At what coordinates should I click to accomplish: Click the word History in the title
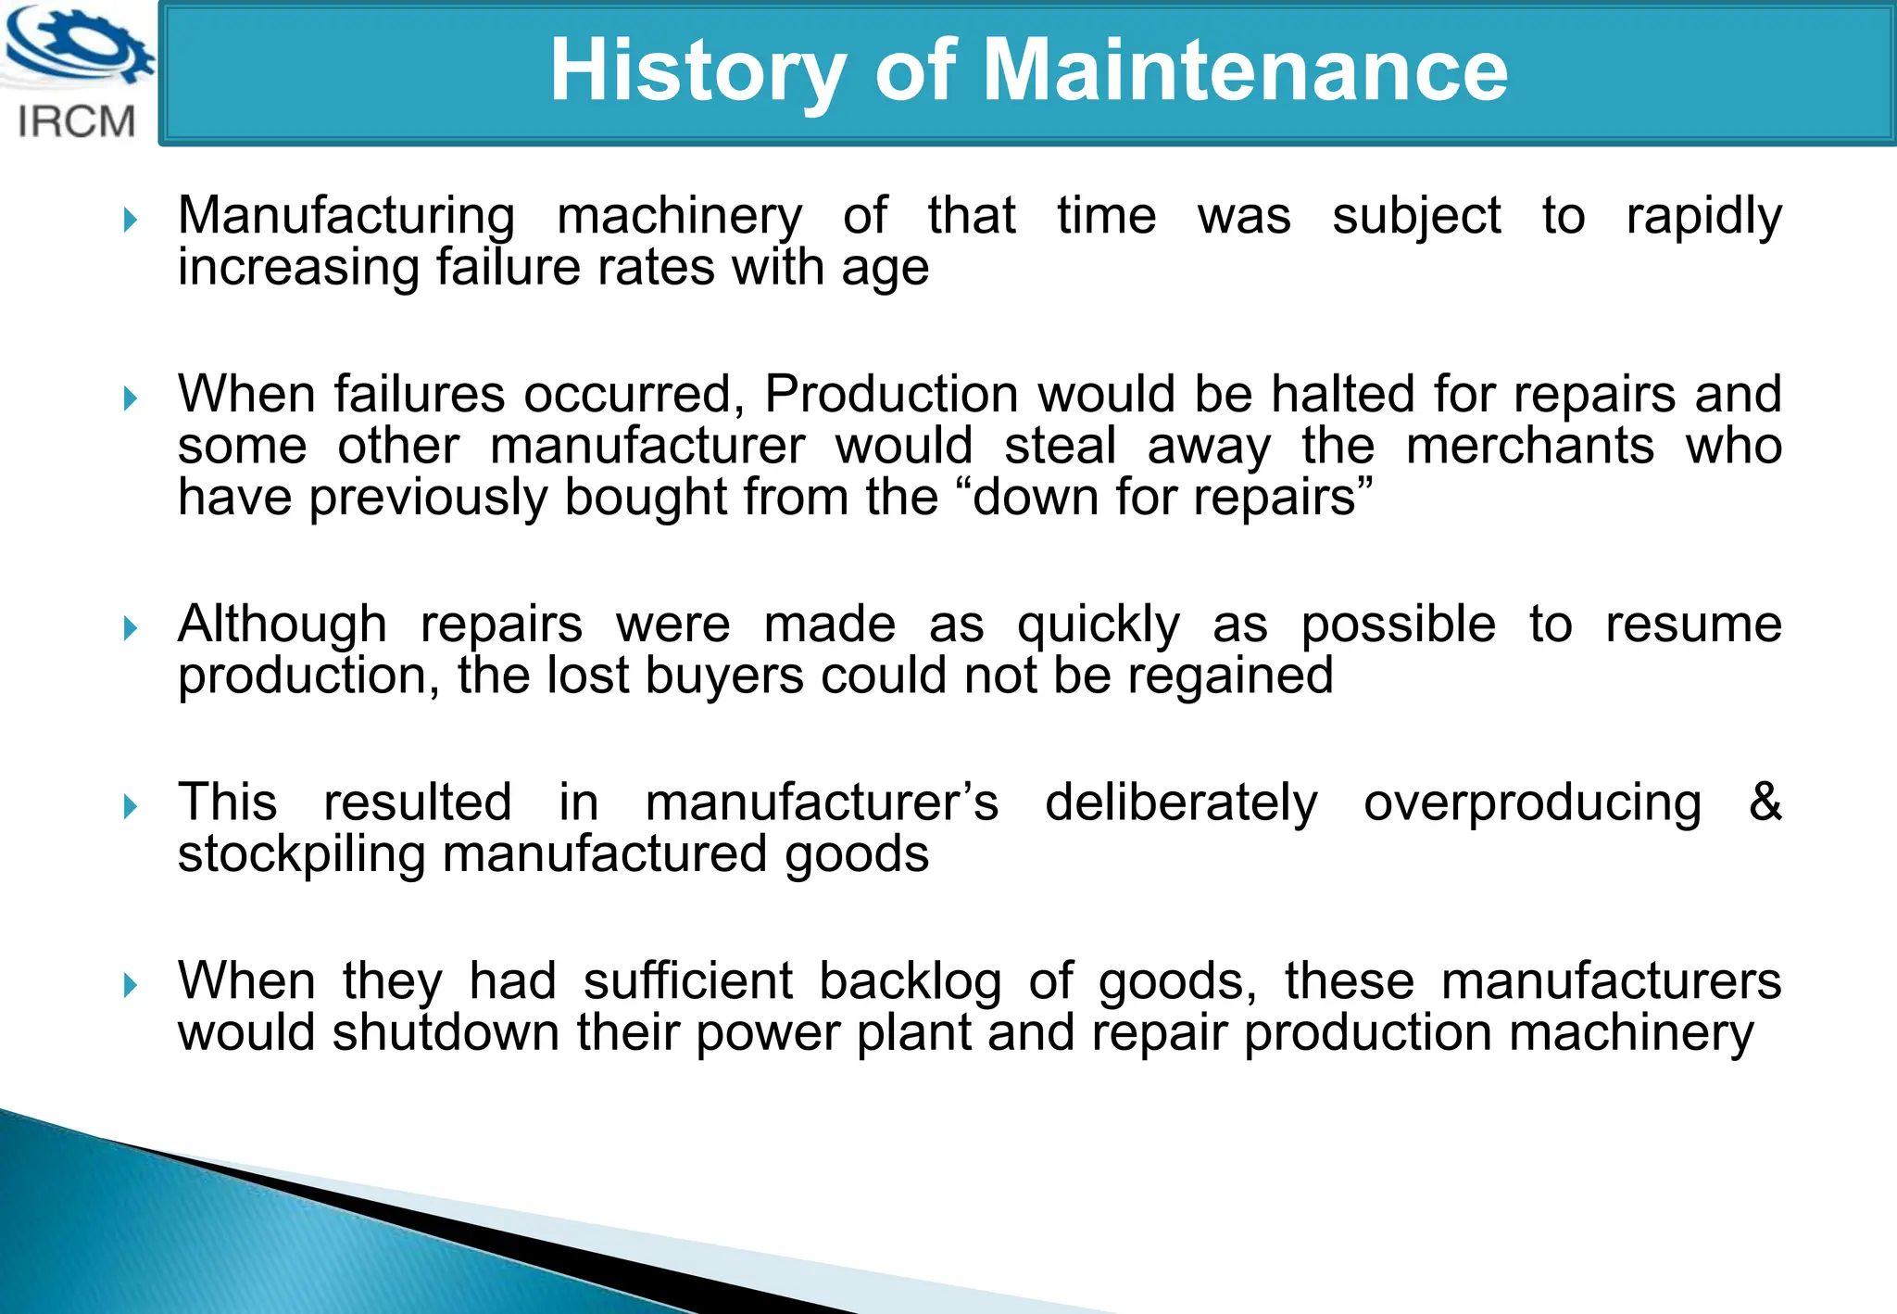(697, 71)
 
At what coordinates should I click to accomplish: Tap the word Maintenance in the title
(1245, 71)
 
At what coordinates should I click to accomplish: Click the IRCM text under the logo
(77, 122)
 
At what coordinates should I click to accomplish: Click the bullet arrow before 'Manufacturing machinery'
(131, 221)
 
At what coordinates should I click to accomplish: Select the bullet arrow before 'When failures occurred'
(131, 399)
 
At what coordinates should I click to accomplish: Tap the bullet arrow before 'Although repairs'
(131, 629)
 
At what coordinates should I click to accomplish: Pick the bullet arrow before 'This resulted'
(131, 807)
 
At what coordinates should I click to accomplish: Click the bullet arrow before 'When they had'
(131, 986)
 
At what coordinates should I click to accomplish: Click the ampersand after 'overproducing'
(1765, 802)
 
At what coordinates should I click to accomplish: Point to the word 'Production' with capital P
(891, 395)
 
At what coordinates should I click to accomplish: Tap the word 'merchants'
(1529, 446)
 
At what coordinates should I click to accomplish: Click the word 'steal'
(1060, 446)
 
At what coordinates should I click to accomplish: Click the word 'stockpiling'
(301, 854)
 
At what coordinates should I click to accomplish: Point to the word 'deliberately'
(1181, 802)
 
